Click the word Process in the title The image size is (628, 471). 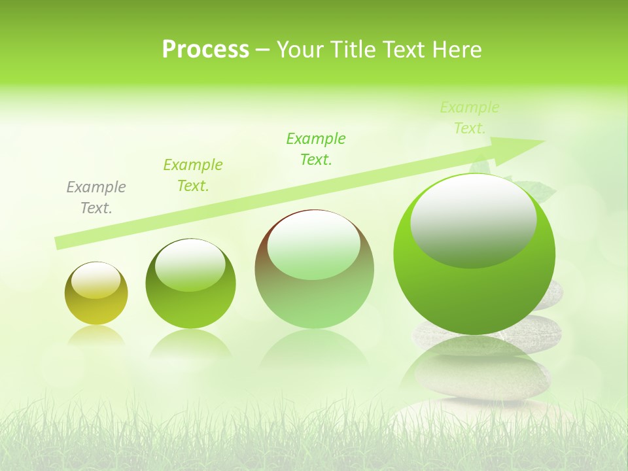coord(205,50)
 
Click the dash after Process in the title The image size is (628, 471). coord(262,50)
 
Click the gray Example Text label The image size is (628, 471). coord(96,198)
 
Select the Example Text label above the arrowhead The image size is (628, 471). coord(469,118)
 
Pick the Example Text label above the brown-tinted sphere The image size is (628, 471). coord(316,148)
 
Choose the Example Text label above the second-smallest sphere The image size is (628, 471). coord(193,175)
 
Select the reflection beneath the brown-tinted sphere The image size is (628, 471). coord(314,353)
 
